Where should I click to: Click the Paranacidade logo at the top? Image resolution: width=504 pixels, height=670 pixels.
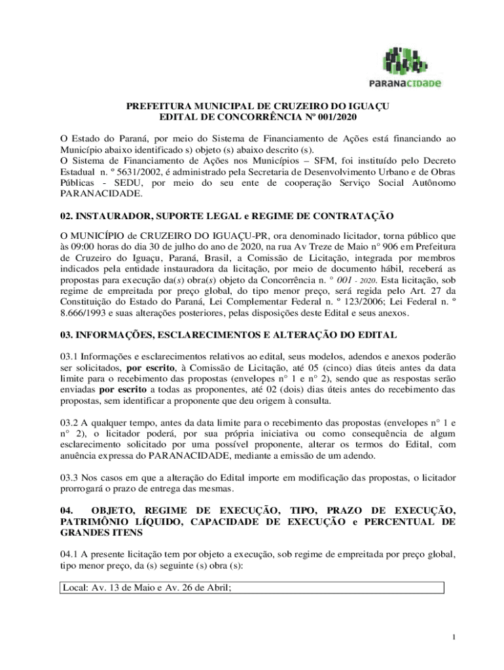[x=412, y=66]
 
